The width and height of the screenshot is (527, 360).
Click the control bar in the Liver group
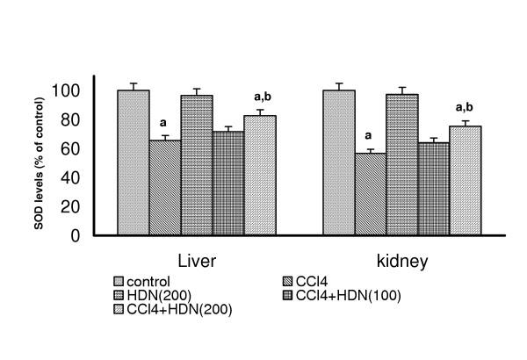[x=134, y=163]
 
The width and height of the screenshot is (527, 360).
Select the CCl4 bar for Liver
[x=165, y=188]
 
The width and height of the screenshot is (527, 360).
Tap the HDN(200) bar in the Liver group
[x=197, y=165]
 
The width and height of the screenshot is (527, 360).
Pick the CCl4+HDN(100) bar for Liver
[x=228, y=184]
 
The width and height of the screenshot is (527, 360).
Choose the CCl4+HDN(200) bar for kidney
[x=466, y=181]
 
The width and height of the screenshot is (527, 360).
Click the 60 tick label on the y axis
[x=71, y=148]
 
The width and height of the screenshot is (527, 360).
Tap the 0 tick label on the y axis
[x=76, y=236]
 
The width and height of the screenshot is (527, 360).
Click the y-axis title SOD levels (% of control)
[x=38, y=165]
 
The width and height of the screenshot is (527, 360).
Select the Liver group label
[x=197, y=262]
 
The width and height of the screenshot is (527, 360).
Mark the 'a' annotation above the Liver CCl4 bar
[x=163, y=123]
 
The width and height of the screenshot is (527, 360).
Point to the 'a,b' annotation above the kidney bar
[x=465, y=108]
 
